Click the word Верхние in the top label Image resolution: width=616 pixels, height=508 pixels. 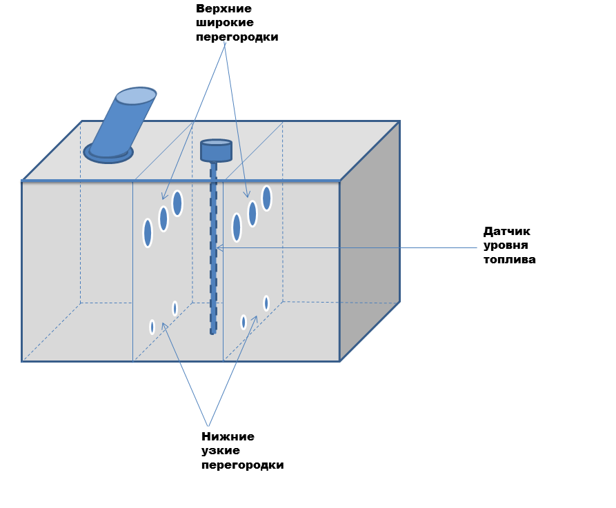(x=224, y=9)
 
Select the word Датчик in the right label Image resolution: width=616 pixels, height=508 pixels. (x=507, y=232)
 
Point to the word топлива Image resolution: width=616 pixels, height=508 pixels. (x=510, y=260)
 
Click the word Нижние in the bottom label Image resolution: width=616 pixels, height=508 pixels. (x=228, y=436)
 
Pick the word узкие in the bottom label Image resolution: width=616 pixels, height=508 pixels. (x=221, y=451)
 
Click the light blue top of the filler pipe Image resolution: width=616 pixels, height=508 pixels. (x=136, y=96)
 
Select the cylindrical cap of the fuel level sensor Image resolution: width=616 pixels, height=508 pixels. (x=216, y=150)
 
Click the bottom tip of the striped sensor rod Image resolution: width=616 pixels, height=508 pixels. (x=213, y=332)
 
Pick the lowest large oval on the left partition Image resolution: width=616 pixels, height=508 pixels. (x=148, y=233)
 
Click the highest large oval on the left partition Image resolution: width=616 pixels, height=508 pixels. (x=177, y=203)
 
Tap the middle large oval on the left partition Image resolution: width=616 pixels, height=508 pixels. (x=163, y=219)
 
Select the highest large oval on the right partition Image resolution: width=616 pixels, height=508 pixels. (x=266, y=198)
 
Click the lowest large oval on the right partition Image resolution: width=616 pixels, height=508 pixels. (x=237, y=227)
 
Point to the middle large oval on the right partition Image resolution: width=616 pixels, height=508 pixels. (x=252, y=214)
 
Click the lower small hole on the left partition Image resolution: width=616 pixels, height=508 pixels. (x=152, y=327)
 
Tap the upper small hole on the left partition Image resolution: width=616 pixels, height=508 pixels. (x=175, y=308)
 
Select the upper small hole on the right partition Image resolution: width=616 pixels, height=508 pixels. (x=266, y=303)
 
